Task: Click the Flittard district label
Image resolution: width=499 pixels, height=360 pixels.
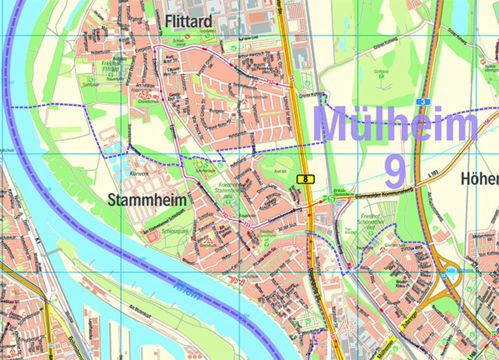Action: [189, 21]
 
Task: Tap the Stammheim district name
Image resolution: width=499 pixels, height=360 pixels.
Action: [146, 200]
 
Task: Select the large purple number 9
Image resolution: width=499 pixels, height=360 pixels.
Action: [394, 172]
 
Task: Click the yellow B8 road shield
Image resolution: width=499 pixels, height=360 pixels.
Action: [306, 179]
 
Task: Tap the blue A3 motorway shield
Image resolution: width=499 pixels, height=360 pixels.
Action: [423, 101]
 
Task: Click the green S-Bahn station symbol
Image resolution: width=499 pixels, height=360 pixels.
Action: [331, 198]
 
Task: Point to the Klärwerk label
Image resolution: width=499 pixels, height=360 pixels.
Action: [139, 173]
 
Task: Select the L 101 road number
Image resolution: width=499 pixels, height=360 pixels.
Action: [432, 172]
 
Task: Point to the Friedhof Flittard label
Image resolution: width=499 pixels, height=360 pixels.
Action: [111, 66]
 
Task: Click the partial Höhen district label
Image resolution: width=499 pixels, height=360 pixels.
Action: [480, 179]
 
